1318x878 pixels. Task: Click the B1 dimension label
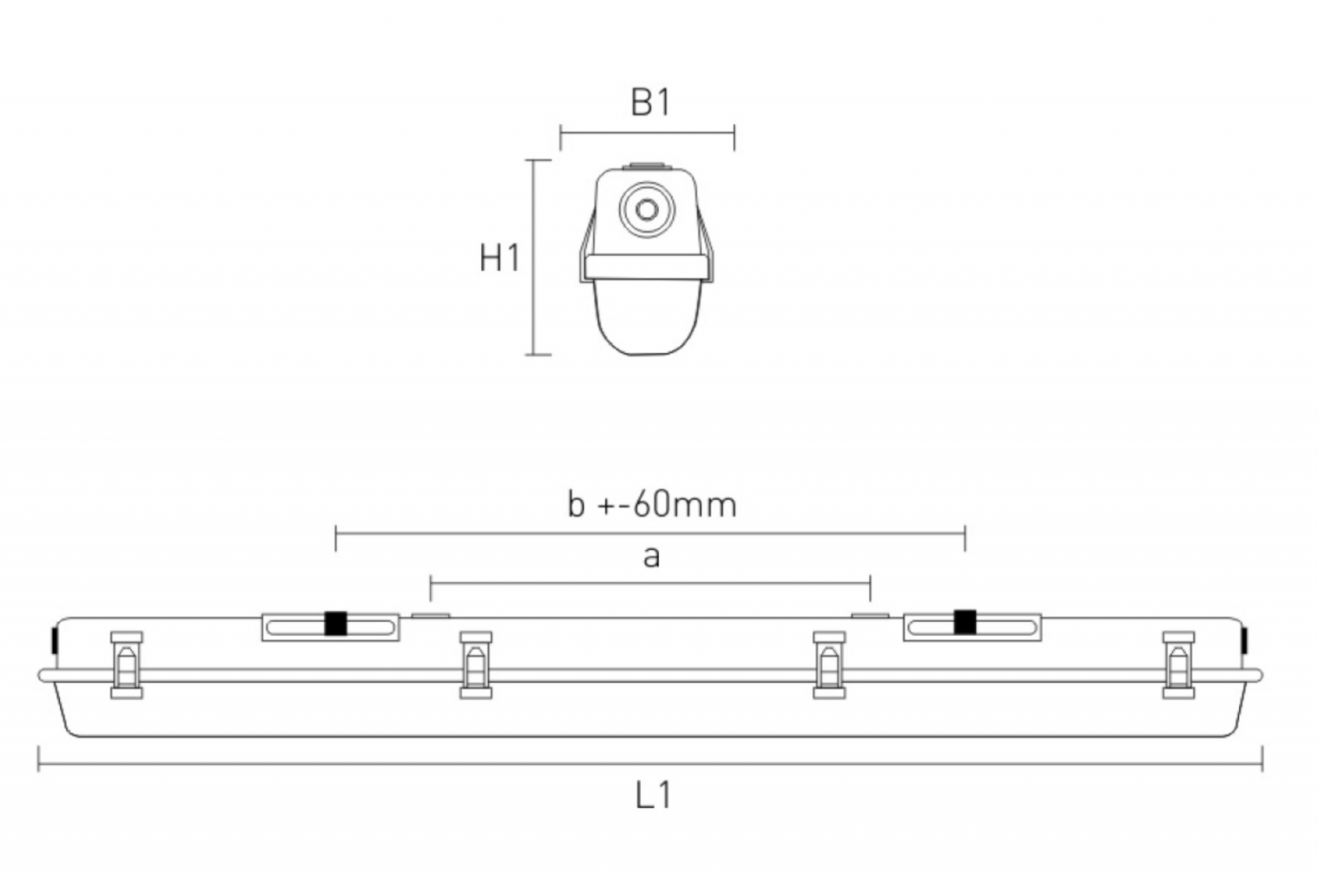(651, 102)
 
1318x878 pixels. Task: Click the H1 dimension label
(499, 258)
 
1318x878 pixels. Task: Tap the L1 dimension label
(654, 795)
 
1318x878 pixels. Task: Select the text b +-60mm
(652, 505)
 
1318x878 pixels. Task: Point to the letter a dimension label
(652, 557)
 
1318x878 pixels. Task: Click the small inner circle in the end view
(647, 209)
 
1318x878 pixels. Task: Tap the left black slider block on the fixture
(335, 623)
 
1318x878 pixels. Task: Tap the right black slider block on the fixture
(965, 622)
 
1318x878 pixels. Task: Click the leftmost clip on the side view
(127, 665)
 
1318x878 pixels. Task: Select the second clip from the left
(476, 665)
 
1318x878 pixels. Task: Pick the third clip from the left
(829, 665)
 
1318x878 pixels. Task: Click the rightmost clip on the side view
(1179, 665)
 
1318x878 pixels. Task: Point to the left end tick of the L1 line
(39, 759)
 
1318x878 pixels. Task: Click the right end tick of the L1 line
(1262, 759)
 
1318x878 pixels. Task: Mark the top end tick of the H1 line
(539, 160)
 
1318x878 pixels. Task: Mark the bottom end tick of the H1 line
(539, 355)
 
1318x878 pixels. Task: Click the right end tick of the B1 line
(734, 138)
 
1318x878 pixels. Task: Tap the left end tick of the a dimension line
(431, 589)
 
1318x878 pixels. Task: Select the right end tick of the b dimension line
(965, 539)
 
